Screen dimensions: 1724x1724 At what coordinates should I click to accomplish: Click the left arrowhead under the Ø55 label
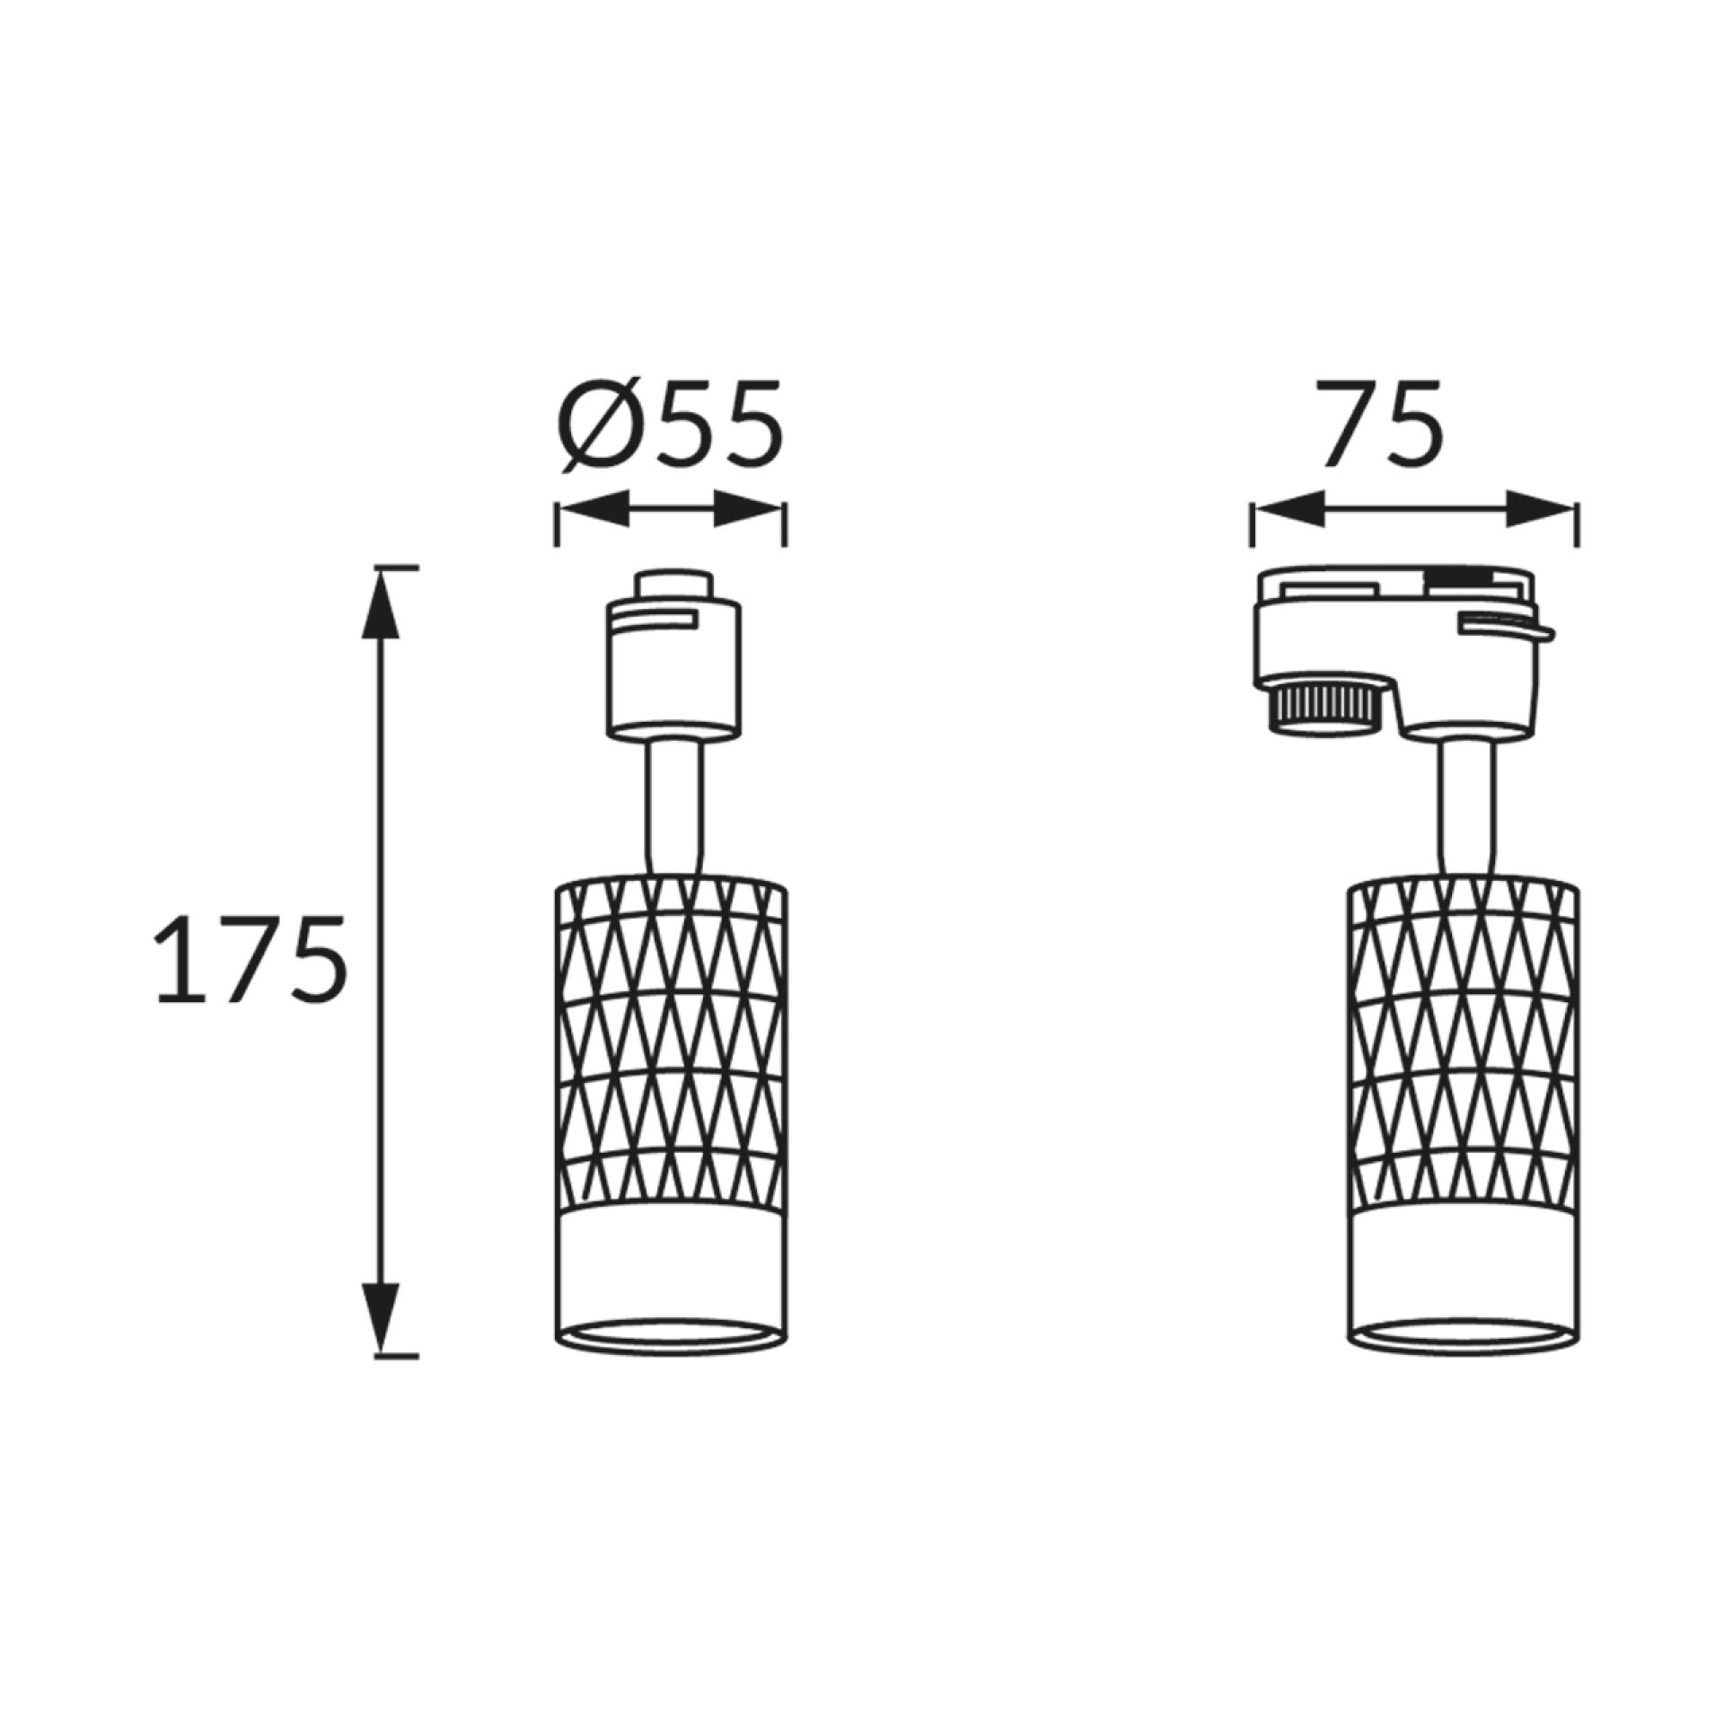tap(593, 509)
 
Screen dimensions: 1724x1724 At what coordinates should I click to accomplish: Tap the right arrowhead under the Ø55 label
tap(748, 509)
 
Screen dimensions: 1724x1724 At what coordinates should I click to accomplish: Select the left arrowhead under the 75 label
tap(1290, 509)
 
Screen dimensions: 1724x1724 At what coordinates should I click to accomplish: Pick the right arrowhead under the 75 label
tap(1541, 509)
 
